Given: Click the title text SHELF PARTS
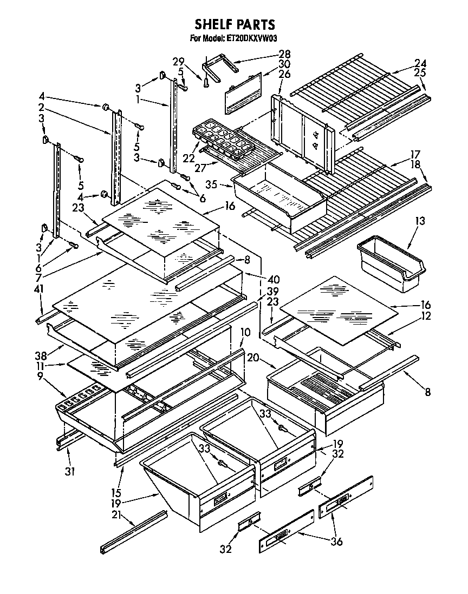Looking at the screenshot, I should (x=235, y=24).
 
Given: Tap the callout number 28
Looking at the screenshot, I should (x=284, y=54).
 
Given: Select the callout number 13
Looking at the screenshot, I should (x=420, y=221).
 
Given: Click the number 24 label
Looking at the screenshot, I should (x=420, y=62).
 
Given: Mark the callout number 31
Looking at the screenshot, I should (x=69, y=471).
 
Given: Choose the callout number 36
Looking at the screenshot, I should (x=336, y=541).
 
